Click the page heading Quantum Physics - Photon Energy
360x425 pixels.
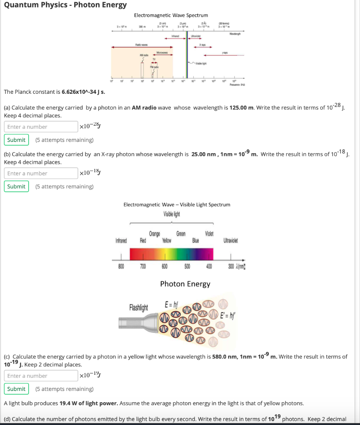pos(65,5)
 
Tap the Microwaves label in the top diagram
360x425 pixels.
pos(162,53)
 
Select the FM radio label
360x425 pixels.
pos(154,66)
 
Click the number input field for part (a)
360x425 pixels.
pos(41,127)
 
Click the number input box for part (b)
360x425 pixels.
pos(41,173)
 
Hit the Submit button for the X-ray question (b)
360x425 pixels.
pos(17,186)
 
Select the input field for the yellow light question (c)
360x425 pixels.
pos(41,376)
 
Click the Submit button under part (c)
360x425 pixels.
pos(17,389)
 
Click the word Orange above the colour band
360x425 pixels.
pos(154,234)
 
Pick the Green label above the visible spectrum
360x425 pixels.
pos(181,234)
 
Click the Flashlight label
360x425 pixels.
pos(139,308)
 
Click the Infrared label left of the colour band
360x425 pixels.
pos(121,240)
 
